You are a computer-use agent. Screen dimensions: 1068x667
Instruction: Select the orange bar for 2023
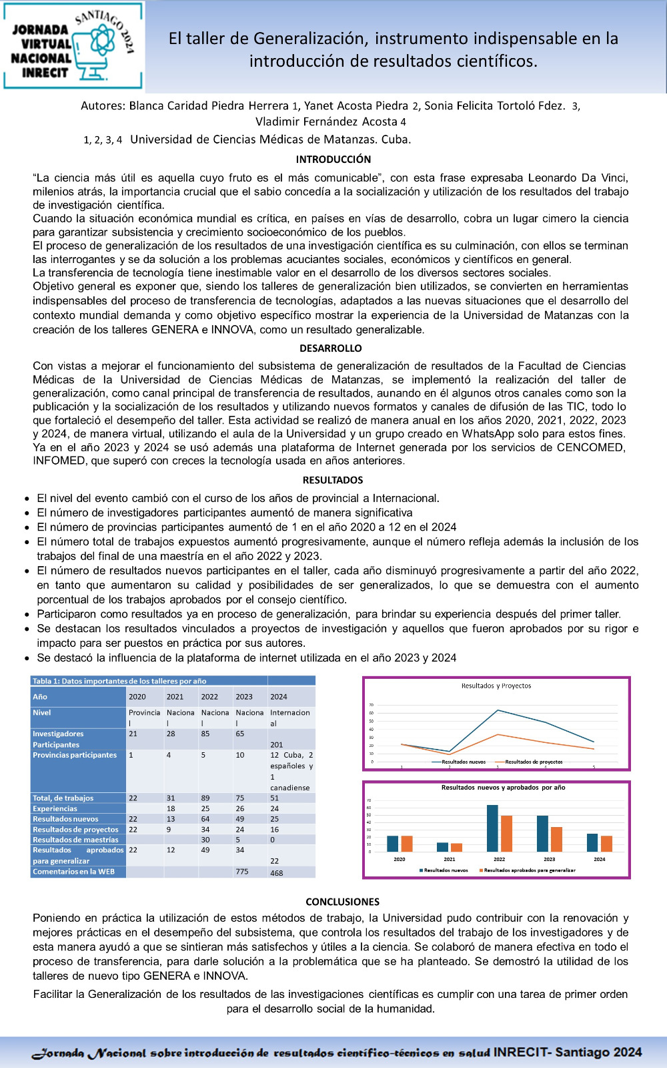[556, 839]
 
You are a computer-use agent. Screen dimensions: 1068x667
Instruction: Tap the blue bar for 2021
[442, 846]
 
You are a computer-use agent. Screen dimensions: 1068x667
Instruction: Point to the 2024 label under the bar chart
[599, 859]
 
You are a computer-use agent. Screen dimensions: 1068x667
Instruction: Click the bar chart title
[503, 788]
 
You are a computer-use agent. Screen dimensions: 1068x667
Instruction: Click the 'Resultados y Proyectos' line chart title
[496, 686]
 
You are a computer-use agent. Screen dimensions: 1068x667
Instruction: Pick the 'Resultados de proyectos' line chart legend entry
[533, 762]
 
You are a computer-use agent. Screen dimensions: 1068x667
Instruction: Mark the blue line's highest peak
[498, 710]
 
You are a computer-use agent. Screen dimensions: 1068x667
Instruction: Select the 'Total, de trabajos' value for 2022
[205, 798]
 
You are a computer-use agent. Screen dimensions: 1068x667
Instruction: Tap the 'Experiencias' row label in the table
[55, 808]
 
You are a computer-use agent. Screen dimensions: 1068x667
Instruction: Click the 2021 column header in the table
[175, 696]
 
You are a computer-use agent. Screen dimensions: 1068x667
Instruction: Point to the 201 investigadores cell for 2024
[276, 744]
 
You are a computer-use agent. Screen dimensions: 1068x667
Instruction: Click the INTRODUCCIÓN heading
[333, 160]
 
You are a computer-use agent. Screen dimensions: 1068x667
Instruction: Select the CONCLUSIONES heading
[342, 902]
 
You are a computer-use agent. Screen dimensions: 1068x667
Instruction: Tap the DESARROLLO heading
[331, 348]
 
